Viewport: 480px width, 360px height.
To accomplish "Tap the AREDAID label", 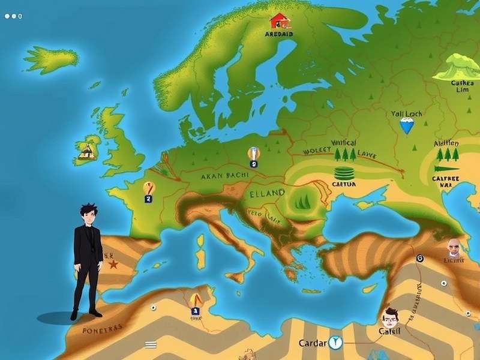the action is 279,34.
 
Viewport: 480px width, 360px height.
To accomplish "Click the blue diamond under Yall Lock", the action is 407,125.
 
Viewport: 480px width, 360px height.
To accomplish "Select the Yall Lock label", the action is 407,113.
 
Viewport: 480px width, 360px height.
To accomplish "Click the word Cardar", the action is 313,343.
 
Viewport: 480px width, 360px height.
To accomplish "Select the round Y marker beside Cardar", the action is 334,343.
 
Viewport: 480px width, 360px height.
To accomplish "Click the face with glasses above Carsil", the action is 391,315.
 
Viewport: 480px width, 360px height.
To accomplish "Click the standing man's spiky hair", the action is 88,212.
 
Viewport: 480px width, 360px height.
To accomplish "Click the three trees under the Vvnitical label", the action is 345,154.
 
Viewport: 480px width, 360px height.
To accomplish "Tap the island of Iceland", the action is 51,58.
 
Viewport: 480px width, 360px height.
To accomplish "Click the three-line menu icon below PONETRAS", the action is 151,344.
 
